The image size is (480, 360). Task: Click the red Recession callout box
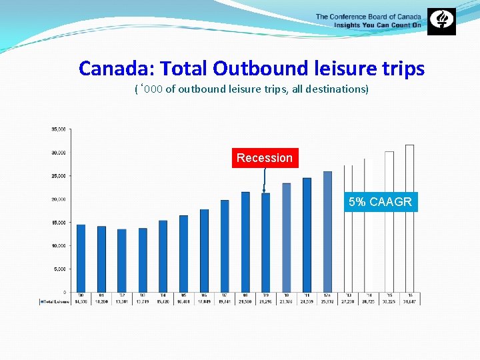(265, 158)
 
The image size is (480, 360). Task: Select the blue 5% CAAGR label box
(380, 201)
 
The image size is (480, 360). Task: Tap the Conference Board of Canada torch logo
(441, 21)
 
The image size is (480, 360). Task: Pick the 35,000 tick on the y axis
(59, 129)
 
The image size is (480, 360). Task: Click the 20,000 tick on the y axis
(59, 199)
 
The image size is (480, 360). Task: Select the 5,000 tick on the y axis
(59, 269)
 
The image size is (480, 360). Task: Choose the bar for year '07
(225, 246)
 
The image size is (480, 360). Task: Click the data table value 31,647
(409, 301)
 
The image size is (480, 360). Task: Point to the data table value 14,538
(81, 301)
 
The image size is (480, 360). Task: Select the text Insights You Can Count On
(377, 25)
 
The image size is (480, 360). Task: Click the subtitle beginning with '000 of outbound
(251, 89)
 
